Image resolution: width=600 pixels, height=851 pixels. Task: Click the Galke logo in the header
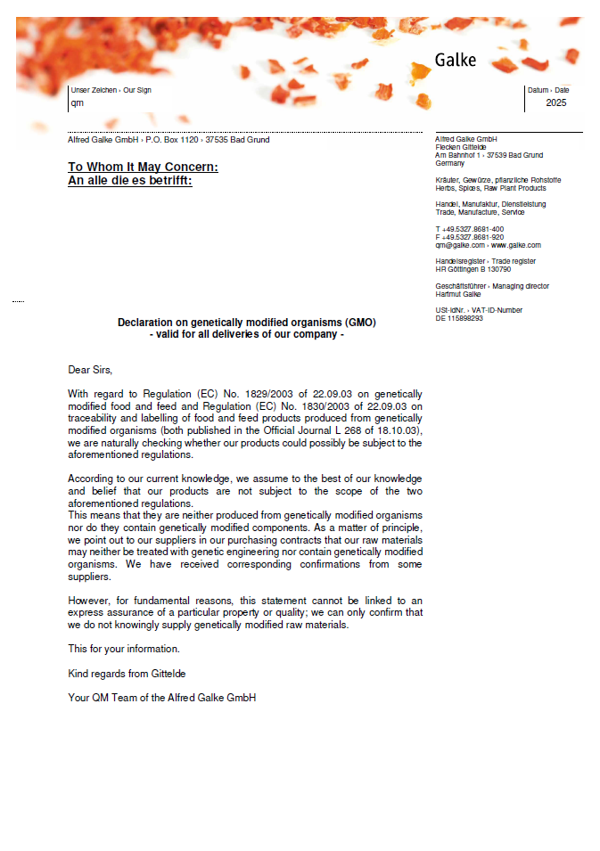coord(456,61)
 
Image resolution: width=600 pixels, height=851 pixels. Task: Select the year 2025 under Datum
coord(556,102)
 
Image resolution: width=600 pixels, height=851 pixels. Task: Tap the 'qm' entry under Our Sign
coord(77,103)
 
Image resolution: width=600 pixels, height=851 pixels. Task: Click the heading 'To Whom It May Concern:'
coord(143,167)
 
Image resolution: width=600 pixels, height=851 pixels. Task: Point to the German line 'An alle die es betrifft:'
coord(129,180)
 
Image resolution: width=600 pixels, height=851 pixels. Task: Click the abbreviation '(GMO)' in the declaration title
coord(359,323)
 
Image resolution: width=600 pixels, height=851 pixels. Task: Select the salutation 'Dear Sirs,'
coord(91,369)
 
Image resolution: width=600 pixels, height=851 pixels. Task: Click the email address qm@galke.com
coord(459,245)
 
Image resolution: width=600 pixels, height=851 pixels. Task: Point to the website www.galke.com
coord(516,245)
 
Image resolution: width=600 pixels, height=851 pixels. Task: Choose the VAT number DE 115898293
coord(459,318)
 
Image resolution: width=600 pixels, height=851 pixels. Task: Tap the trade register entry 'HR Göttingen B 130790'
coord(473,269)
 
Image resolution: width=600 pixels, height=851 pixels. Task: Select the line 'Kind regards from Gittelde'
coord(127,673)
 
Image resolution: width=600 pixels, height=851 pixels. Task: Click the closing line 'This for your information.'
coord(124,649)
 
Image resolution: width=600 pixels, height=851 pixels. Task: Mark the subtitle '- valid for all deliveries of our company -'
coord(246,335)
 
